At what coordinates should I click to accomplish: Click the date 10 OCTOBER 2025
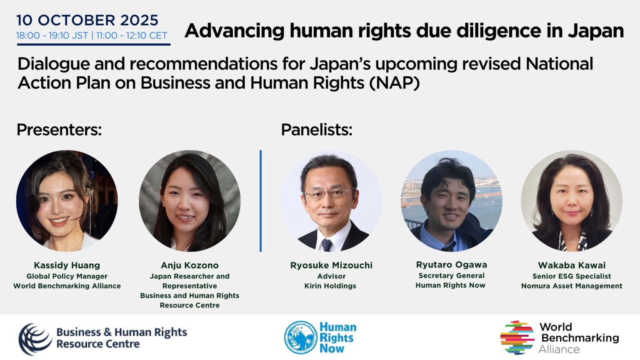click(x=87, y=20)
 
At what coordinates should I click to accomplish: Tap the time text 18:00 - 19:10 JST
click(x=52, y=36)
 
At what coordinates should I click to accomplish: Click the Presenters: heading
click(x=59, y=130)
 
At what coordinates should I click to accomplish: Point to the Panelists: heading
click(x=317, y=130)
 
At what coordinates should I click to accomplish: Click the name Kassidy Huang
click(x=67, y=265)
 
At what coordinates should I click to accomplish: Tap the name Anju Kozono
click(x=190, y=265)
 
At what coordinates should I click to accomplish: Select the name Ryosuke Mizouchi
click(x=331, y=265)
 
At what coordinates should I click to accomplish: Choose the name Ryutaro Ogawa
click(x=451, y=265)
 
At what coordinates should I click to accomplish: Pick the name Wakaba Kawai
click(x=572, y=265)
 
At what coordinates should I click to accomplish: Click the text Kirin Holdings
click(x=330, y=286)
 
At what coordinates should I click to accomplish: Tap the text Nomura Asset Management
click(x=572, y=286)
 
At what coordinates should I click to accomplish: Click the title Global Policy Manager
click(x=67, y=276)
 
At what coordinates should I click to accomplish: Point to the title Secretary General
click(x=451, y=275)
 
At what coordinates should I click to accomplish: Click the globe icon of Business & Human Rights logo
click(x=34, y=338)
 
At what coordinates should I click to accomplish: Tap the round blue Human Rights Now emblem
click(x=300, y=337)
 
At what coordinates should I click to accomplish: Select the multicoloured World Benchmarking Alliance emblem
click(x=517, y=337)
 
